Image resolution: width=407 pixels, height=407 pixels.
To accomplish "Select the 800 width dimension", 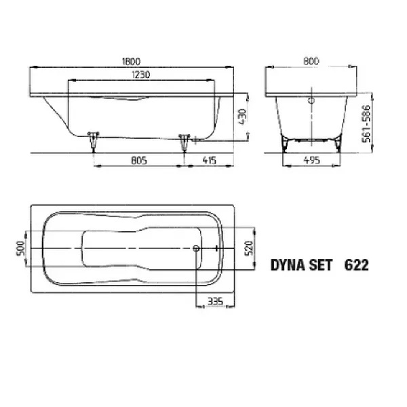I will click(x=311, y=60).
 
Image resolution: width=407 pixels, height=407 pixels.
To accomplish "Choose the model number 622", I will click(x=357, y=265).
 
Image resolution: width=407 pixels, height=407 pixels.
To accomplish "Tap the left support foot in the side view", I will click(x=92, y=139).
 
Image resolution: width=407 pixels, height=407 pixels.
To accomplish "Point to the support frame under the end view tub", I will click(x=311, y=140).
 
